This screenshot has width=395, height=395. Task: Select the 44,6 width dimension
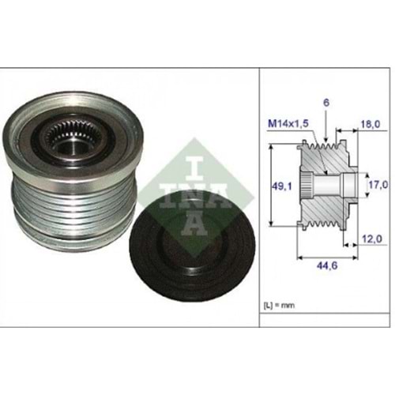point(327,265)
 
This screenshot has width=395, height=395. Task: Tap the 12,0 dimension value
point(371,239)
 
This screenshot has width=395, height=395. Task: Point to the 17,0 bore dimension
point(378,185)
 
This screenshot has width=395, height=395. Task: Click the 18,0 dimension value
point(371,124)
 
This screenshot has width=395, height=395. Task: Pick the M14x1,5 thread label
point(288,123)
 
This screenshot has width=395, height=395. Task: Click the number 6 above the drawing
point(326,103)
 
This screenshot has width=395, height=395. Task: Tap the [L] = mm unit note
point(279,306)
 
